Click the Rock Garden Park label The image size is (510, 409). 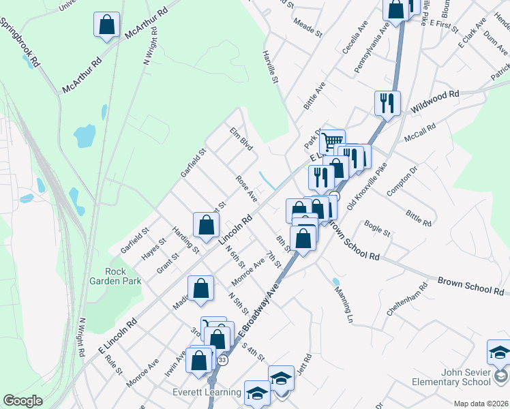[115, 275]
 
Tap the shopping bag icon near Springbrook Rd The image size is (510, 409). [107, 25]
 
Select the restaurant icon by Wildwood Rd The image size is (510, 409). [387, 104]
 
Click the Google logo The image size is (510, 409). [22, 401]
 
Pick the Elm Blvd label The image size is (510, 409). [241, 138]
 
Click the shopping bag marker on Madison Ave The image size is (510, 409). [201, 288]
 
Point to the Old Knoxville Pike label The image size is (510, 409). [367, 185]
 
